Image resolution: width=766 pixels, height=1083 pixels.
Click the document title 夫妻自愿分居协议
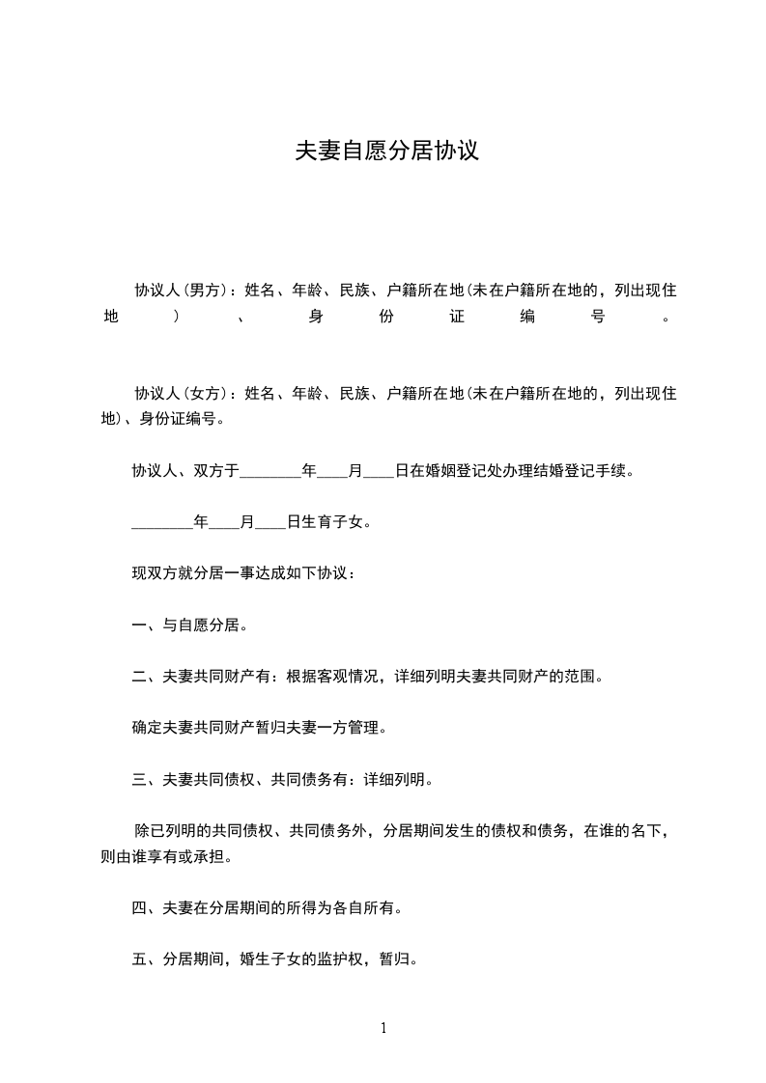pyautogui.click(x=386, y=152)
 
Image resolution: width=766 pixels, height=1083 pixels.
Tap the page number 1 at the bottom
pyautogui.click(x=383, y=1028)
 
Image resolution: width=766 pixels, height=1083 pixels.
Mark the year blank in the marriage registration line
pyautogui.click(x=270, y=472)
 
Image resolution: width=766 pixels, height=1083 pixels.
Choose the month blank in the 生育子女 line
pyautogui.click(x=224, y=523)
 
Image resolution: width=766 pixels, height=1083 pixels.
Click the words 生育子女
pyautogui.click(x=335, y=523)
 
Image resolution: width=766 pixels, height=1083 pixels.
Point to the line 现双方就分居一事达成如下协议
pyautogui.click(x=243, y=574)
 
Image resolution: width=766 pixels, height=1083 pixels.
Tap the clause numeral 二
pyautogui.click(x=138, y=677)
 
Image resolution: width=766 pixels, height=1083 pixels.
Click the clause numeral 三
pyautogui.click(x=138, y=779)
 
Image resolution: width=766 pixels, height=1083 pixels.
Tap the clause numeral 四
pyautogui.click(x=138, y=907)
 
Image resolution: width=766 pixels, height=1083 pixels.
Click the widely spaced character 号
pyautogui.click(x=597, y=316)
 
